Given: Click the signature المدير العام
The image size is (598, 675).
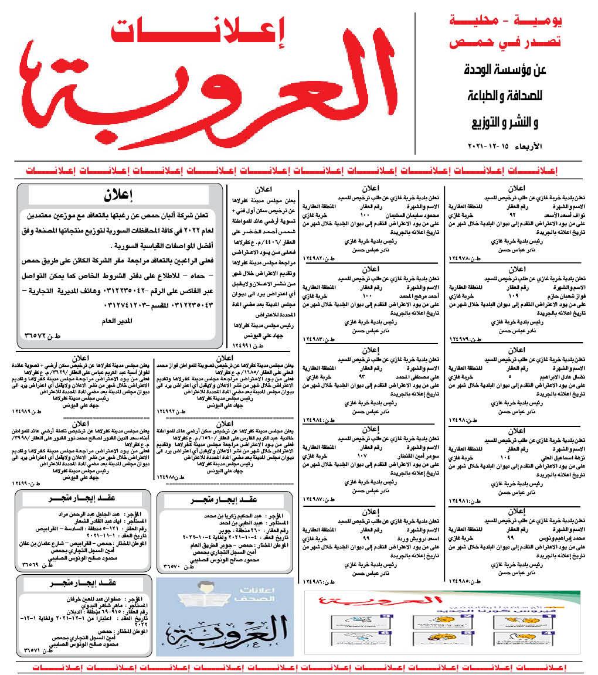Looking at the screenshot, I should [124, 320].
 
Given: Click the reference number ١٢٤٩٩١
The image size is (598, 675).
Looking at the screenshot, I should [243, 345].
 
